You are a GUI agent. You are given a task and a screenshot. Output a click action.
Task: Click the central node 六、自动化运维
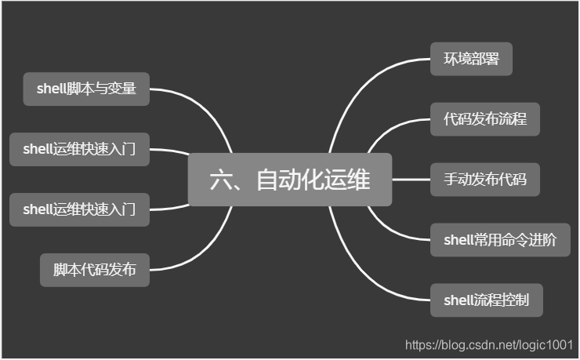coord(290,180)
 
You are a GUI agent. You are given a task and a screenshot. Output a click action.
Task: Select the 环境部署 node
coord(471,59)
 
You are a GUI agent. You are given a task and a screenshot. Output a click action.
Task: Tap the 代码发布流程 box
coord(484,119)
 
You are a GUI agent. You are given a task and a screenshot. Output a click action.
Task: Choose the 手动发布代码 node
coord(484,180)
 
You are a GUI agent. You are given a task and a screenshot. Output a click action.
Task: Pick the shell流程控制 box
coord(486,300)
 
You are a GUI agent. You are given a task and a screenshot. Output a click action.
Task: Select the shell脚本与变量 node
coord(86,89)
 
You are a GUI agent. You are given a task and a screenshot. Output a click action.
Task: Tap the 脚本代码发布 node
coord(95,270)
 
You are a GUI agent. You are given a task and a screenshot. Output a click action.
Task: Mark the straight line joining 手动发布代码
coord(411,180)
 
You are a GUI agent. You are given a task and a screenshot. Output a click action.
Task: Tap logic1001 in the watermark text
coord(549,344)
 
